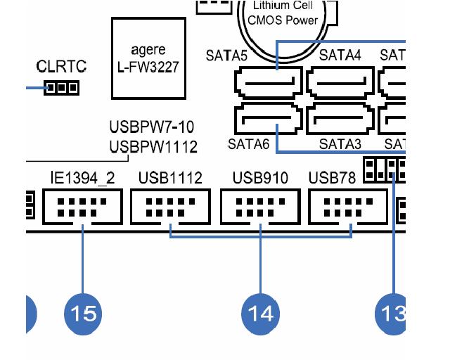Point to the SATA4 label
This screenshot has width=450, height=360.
340,55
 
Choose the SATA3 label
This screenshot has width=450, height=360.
340,145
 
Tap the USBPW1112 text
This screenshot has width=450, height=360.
153,147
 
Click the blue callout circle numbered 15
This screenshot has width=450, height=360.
83,311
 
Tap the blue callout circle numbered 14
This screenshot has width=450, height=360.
260,311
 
